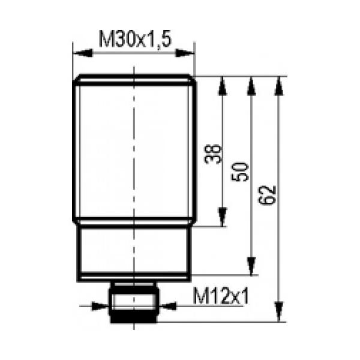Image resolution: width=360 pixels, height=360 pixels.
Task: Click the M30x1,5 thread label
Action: click(135, 39)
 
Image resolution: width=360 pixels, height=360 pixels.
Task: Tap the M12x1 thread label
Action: click(221, 296)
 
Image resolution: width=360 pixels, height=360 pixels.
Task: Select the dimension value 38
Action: click(213, 154)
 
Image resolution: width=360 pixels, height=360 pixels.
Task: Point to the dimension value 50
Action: click(240, 172)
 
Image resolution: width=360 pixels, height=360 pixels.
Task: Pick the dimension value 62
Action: click(266, 196)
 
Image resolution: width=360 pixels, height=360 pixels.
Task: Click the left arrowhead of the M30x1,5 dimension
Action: click(82, 53)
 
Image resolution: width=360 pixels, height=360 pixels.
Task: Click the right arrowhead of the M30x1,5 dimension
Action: click(185, 53)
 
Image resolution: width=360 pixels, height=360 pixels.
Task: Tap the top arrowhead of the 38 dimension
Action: click(222, 86)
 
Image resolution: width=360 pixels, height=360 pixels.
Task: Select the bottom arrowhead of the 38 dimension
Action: click(222, 217)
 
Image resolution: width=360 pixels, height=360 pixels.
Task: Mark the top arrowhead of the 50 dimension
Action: click(251, 86)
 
